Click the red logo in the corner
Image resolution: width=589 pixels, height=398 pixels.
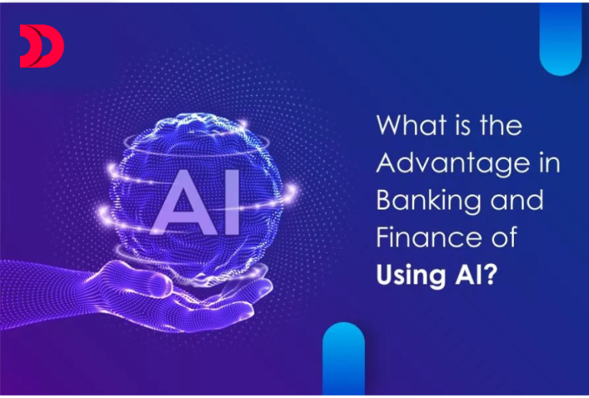point(41,46)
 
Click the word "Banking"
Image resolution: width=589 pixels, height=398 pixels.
point(428,201)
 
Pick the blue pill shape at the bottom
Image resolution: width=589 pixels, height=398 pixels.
point(343,360)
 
